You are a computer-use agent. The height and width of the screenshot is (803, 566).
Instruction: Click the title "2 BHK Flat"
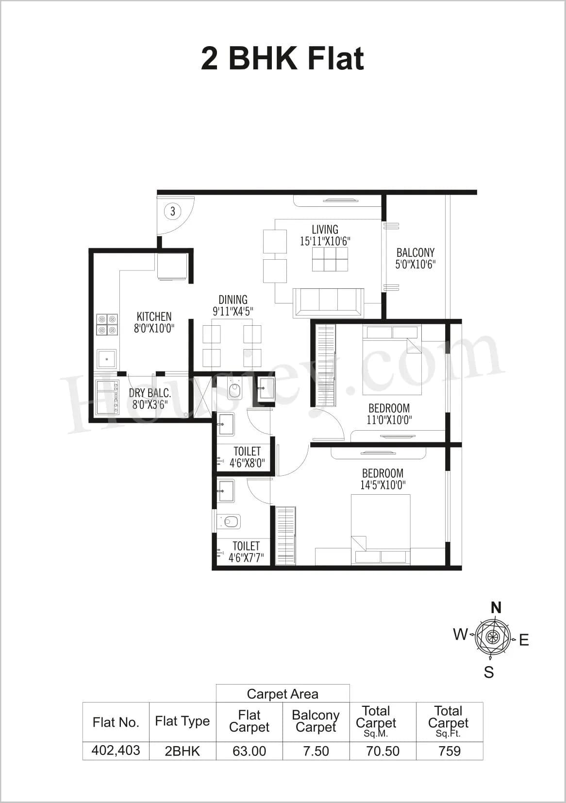point(282,59)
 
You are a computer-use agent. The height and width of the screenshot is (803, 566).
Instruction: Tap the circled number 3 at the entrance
point(172,211)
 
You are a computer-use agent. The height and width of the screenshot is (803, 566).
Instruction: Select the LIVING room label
point(325,235)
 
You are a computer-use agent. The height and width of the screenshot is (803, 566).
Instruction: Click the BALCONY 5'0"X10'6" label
point(415,258)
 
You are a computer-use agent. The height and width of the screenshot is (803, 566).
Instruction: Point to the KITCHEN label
point(154,322)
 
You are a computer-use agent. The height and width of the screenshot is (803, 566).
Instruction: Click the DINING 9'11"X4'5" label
point(233,305)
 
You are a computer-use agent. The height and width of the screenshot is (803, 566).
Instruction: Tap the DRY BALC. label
point(150,399)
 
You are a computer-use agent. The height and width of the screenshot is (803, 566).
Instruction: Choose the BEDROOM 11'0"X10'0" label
point(389,414)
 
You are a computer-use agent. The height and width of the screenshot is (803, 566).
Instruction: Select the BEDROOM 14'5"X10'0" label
point(383,479)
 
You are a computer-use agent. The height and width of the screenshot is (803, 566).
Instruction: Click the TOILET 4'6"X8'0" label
point(247,457)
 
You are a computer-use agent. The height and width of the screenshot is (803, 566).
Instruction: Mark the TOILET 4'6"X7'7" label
point(246,552)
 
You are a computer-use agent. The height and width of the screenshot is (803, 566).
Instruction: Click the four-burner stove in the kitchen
point(107,325)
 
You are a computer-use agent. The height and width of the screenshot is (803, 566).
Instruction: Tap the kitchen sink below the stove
point(106,359)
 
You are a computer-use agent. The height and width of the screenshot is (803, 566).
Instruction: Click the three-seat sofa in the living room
point(328,302)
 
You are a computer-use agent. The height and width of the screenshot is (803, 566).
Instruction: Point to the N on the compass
point(496,608)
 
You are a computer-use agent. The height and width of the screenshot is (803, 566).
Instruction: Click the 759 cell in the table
point(449,751)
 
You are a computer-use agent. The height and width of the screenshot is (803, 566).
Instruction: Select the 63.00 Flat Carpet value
point(249,751)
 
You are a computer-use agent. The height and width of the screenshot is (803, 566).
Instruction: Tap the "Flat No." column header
point(116,722)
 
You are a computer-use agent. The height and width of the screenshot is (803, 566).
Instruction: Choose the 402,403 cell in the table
point(116,751)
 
